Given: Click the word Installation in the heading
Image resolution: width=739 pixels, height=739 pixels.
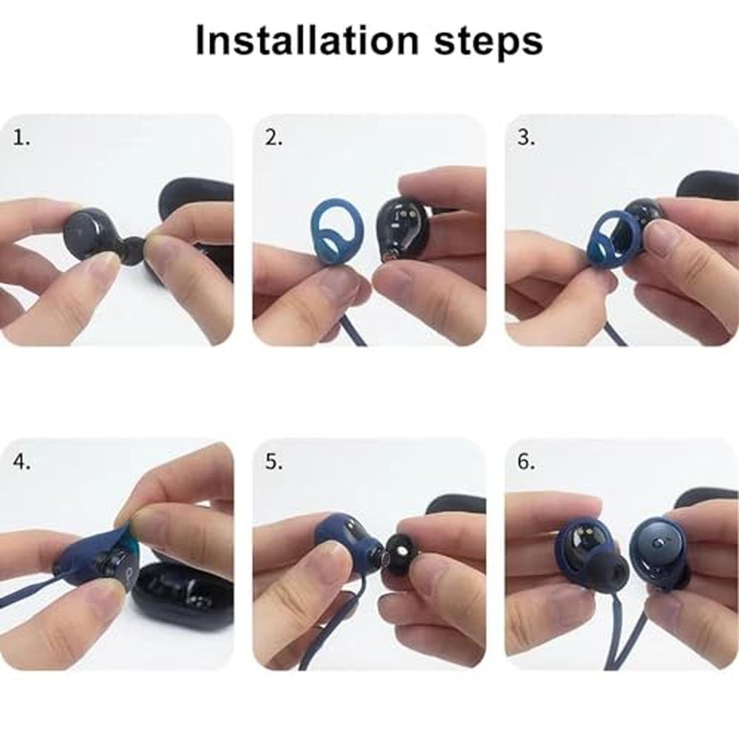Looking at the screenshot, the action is [307, 40].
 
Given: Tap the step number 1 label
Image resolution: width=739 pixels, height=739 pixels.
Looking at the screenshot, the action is [21, 137].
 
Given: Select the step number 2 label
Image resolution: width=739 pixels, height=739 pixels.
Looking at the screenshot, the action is [274, 137].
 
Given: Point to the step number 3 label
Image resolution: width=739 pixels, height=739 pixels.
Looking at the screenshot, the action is [526, 137].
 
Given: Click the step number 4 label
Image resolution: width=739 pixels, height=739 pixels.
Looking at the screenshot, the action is [21, 462].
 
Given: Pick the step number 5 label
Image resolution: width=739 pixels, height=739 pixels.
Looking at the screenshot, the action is [274, 462].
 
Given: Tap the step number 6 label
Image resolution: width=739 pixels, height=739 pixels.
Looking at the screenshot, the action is [526, 462].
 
